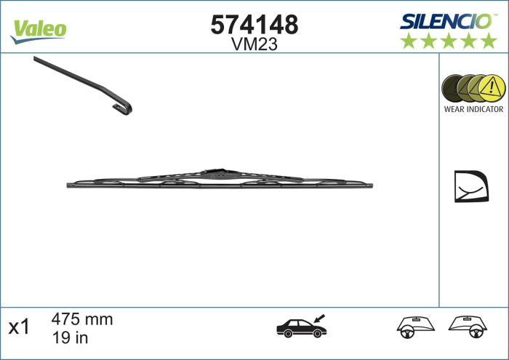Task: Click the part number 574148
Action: tap(254, 25)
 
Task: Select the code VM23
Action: tap(254, 44)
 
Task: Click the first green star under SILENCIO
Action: tap(409, 41)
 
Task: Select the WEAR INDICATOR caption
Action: tap(473, 109)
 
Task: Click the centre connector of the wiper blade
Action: tap(219, 175)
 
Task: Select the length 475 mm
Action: tap(82, 319)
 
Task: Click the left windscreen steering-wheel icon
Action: tap(413, 327)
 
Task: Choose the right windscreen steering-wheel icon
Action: tap(467, 327)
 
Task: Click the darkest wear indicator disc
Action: tap(454, 87)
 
